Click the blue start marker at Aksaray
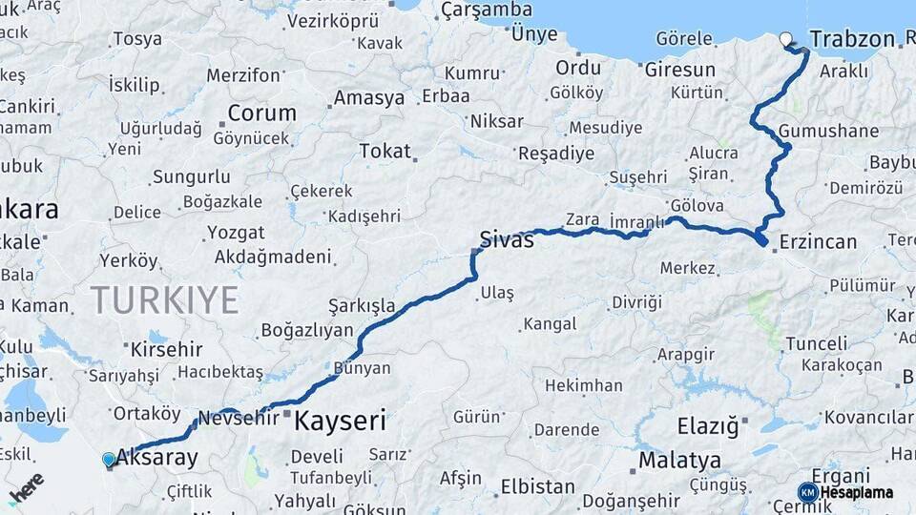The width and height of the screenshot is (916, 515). click(x=109, y=460)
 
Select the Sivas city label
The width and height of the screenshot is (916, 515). click(x=507, y=239)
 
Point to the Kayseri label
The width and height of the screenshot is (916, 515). click(x=340, y=420)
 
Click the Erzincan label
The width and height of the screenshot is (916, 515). click(x=818, y=241)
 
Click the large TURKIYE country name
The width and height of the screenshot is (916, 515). click(x=164, y=300)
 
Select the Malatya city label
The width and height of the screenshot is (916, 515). click(x=679, y=461)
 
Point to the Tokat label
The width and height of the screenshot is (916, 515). click(x=385, y=151)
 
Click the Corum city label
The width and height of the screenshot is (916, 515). click(x=260, y=113)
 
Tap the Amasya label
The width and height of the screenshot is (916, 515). click(x=368, y=98)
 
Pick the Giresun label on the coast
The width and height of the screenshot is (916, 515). click(x=679, y=70)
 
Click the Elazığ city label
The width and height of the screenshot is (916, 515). click(x=708, y=426)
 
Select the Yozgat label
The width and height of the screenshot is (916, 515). click(x=236, y=232)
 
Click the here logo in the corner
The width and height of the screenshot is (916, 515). click(x=26, y=486)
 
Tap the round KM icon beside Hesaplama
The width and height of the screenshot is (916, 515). click(x=807, y=492)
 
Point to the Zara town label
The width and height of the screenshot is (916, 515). click(x=582, y=219)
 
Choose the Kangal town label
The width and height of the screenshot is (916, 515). click(x=552, y=325)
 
